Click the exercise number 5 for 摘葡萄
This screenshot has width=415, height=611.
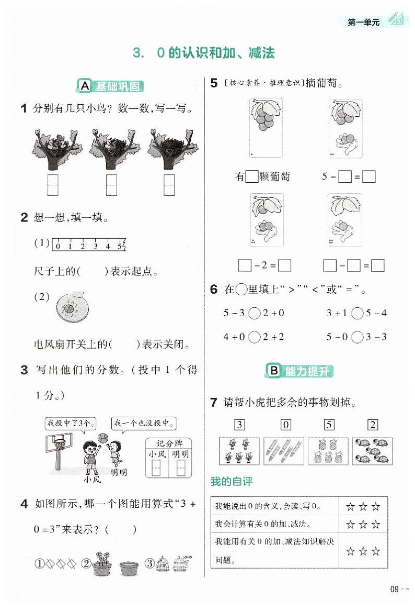coord(214,83)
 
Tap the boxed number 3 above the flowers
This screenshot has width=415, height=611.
coord(239,425)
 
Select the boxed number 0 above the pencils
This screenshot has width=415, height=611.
coord(285,425)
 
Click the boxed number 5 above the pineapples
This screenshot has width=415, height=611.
coord(329,425)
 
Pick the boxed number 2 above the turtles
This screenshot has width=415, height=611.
coord(373,425)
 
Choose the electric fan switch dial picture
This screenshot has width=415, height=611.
coord(69,305)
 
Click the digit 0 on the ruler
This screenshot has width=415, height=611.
coord(58,246)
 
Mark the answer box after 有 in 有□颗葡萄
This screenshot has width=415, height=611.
coord(252,177)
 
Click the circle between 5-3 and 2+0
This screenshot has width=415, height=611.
coord(254,313)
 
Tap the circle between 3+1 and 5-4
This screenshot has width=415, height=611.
coord(357,313)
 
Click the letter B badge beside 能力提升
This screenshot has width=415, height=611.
coord(273,371)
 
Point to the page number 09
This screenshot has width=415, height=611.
coord(395,589)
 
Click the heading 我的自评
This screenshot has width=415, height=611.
coord(231,482)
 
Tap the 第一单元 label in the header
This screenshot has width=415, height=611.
coord(364,22)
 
